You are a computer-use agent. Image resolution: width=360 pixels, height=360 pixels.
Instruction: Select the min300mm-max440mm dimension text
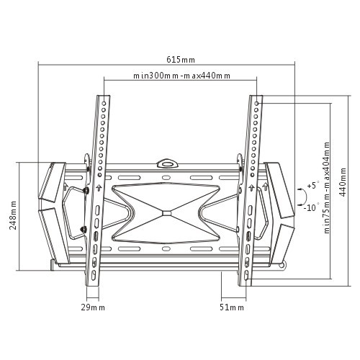click(x=181, y=76)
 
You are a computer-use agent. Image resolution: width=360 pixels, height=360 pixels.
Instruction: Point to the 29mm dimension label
click(x=93, y=307)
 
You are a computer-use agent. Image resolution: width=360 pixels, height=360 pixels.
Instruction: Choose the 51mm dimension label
click(x=232, y=307)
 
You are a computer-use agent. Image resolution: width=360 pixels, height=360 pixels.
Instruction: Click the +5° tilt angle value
click(x=312, y=186)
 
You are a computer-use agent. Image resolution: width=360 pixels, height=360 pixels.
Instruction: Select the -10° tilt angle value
click(x=312, y=207)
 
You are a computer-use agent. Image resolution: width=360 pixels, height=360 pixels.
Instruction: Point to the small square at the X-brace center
click(x=167, y=212)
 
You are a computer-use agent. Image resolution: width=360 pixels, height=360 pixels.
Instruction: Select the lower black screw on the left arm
click(x=84, y=230)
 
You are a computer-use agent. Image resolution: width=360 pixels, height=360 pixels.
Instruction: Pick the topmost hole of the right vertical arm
click(x=255, y=102)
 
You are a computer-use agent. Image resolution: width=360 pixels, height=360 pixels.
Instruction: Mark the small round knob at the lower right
click(x=289, y=267)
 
